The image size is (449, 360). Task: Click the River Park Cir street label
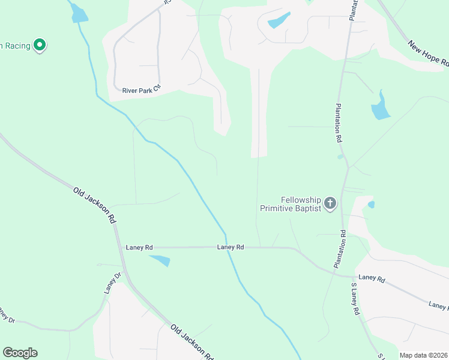(142, 90)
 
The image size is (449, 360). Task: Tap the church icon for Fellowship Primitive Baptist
(330, 203)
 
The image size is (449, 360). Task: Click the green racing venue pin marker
(40, 44)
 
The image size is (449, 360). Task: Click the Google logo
(20, 353)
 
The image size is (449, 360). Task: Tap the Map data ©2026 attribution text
(423, 355)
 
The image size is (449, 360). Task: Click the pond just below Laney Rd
(160, 260)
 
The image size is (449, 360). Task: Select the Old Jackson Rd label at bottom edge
(192, 342)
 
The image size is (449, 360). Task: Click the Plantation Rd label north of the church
(339, 122)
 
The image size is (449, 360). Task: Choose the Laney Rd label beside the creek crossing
(231, 247)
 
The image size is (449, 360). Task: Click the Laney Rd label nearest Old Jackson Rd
(139, 247)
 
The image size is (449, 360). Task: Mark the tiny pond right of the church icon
(371, 205)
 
